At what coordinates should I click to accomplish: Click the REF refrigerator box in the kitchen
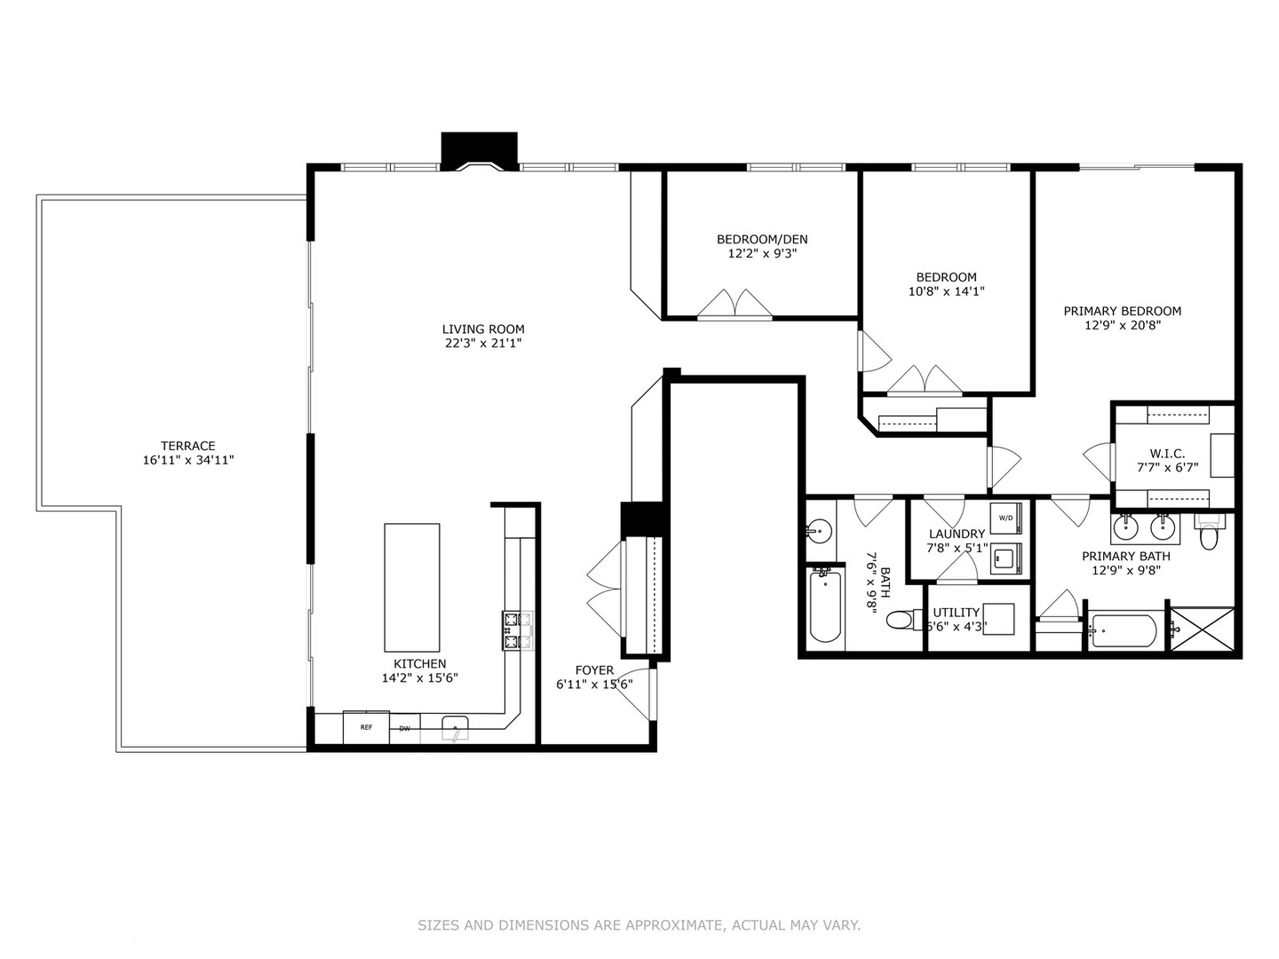point(366,727)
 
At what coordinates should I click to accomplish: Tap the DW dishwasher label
point(405,729)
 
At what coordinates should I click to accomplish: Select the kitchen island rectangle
point(411,588)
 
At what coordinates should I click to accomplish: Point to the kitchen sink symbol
point(456,730)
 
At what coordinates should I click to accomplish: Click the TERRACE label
point(187,446)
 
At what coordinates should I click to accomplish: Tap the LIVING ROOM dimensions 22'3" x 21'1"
point(483,343)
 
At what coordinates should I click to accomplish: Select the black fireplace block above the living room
point(480,148)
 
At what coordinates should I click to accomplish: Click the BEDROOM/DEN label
point(762,239)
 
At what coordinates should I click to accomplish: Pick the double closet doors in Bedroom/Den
point(735,304)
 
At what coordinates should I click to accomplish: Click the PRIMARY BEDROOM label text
point(1122,311)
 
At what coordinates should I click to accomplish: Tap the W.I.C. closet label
point(1167,453)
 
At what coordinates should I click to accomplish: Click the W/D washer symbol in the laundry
point(1007,517)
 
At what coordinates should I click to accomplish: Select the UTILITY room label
point(956,612)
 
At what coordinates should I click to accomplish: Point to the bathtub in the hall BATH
point(826,606)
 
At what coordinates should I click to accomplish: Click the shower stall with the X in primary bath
point(1202,629)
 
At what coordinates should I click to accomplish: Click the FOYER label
point(594,670)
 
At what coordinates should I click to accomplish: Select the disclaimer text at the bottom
point(639,925)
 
